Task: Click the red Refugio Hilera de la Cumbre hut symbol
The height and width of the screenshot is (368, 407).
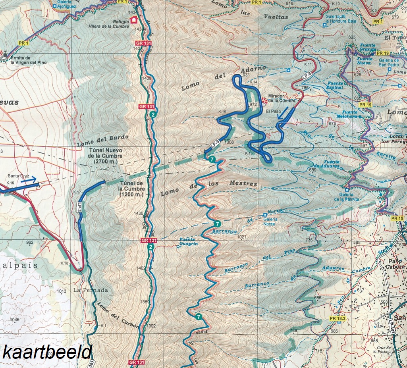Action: tap(134, 19)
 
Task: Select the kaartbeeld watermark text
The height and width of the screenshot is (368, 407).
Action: tap(47, 352)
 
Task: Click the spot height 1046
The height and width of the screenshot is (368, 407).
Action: tap(14, 320)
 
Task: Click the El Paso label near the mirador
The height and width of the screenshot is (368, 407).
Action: tap(273, 112)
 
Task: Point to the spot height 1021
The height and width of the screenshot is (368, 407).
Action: tap(242, 237)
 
